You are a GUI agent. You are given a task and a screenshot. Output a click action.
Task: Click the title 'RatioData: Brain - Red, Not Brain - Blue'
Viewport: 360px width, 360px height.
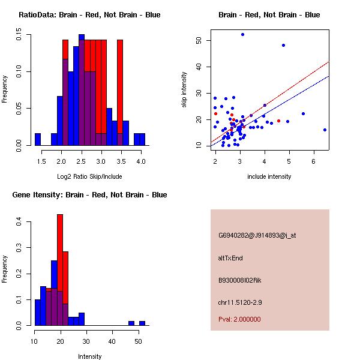coord(89,15)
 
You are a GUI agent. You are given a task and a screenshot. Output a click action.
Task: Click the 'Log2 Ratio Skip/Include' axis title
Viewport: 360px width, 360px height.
coord(89,176)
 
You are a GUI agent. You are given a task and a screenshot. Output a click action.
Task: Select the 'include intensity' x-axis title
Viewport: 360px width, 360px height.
coord(269,176)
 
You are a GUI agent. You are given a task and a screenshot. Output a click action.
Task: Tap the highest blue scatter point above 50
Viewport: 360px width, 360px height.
coord(242,34)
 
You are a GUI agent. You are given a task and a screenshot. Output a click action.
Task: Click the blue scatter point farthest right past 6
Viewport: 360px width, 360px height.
coord(325,130)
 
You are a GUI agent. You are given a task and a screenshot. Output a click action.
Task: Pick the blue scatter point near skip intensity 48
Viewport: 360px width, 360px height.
coord(283,45)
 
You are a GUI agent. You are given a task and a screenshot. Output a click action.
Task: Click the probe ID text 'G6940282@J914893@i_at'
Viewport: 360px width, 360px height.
coord(257,235)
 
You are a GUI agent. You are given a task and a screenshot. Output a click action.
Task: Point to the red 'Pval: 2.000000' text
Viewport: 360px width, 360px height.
coord(239,319)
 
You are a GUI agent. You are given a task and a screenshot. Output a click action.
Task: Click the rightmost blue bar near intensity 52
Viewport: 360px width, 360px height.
coord(142,323)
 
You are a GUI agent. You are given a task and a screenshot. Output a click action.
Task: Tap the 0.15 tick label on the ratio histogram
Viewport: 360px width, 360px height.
coord(20,37)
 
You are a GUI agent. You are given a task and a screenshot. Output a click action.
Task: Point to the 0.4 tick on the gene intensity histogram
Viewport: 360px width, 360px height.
coord(20,222)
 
